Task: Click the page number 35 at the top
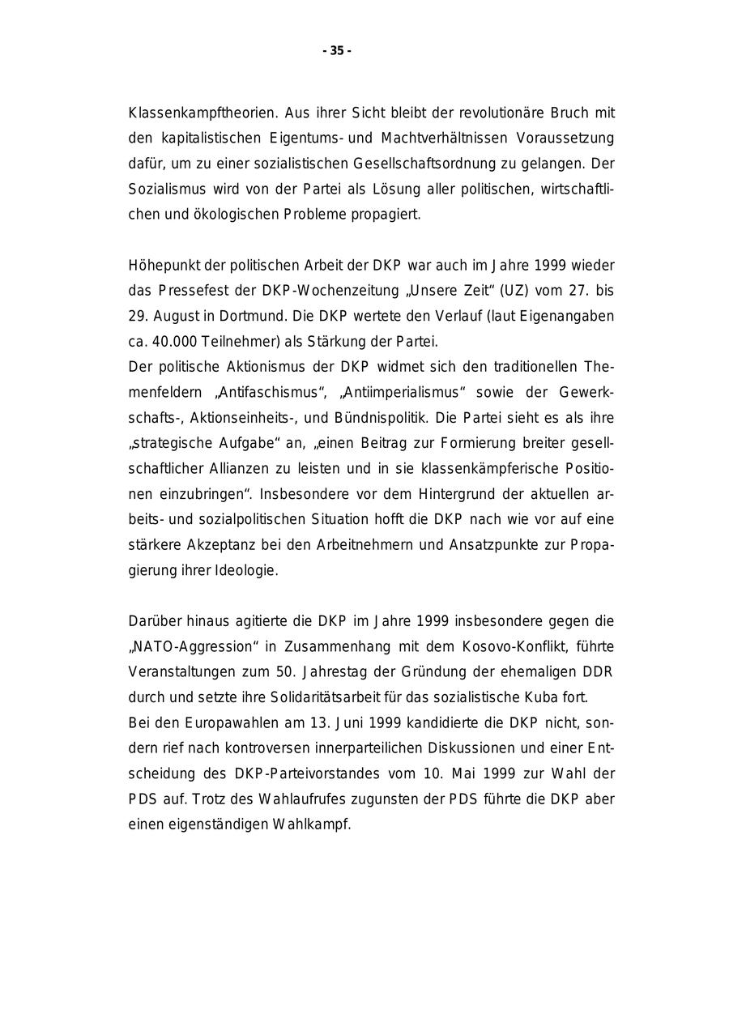(x=337, y=51)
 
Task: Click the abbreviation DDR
(x=599, y=671)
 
